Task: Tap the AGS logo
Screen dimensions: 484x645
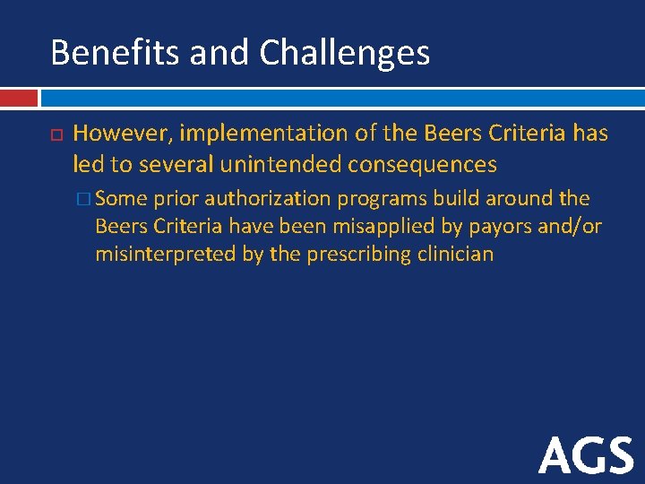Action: (x=586, y=455)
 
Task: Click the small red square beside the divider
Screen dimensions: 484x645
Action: (x=19, y=97)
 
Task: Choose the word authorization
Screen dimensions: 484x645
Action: (x=268, y=198)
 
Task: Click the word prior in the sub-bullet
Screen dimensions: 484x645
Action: (x=176, y=199)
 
